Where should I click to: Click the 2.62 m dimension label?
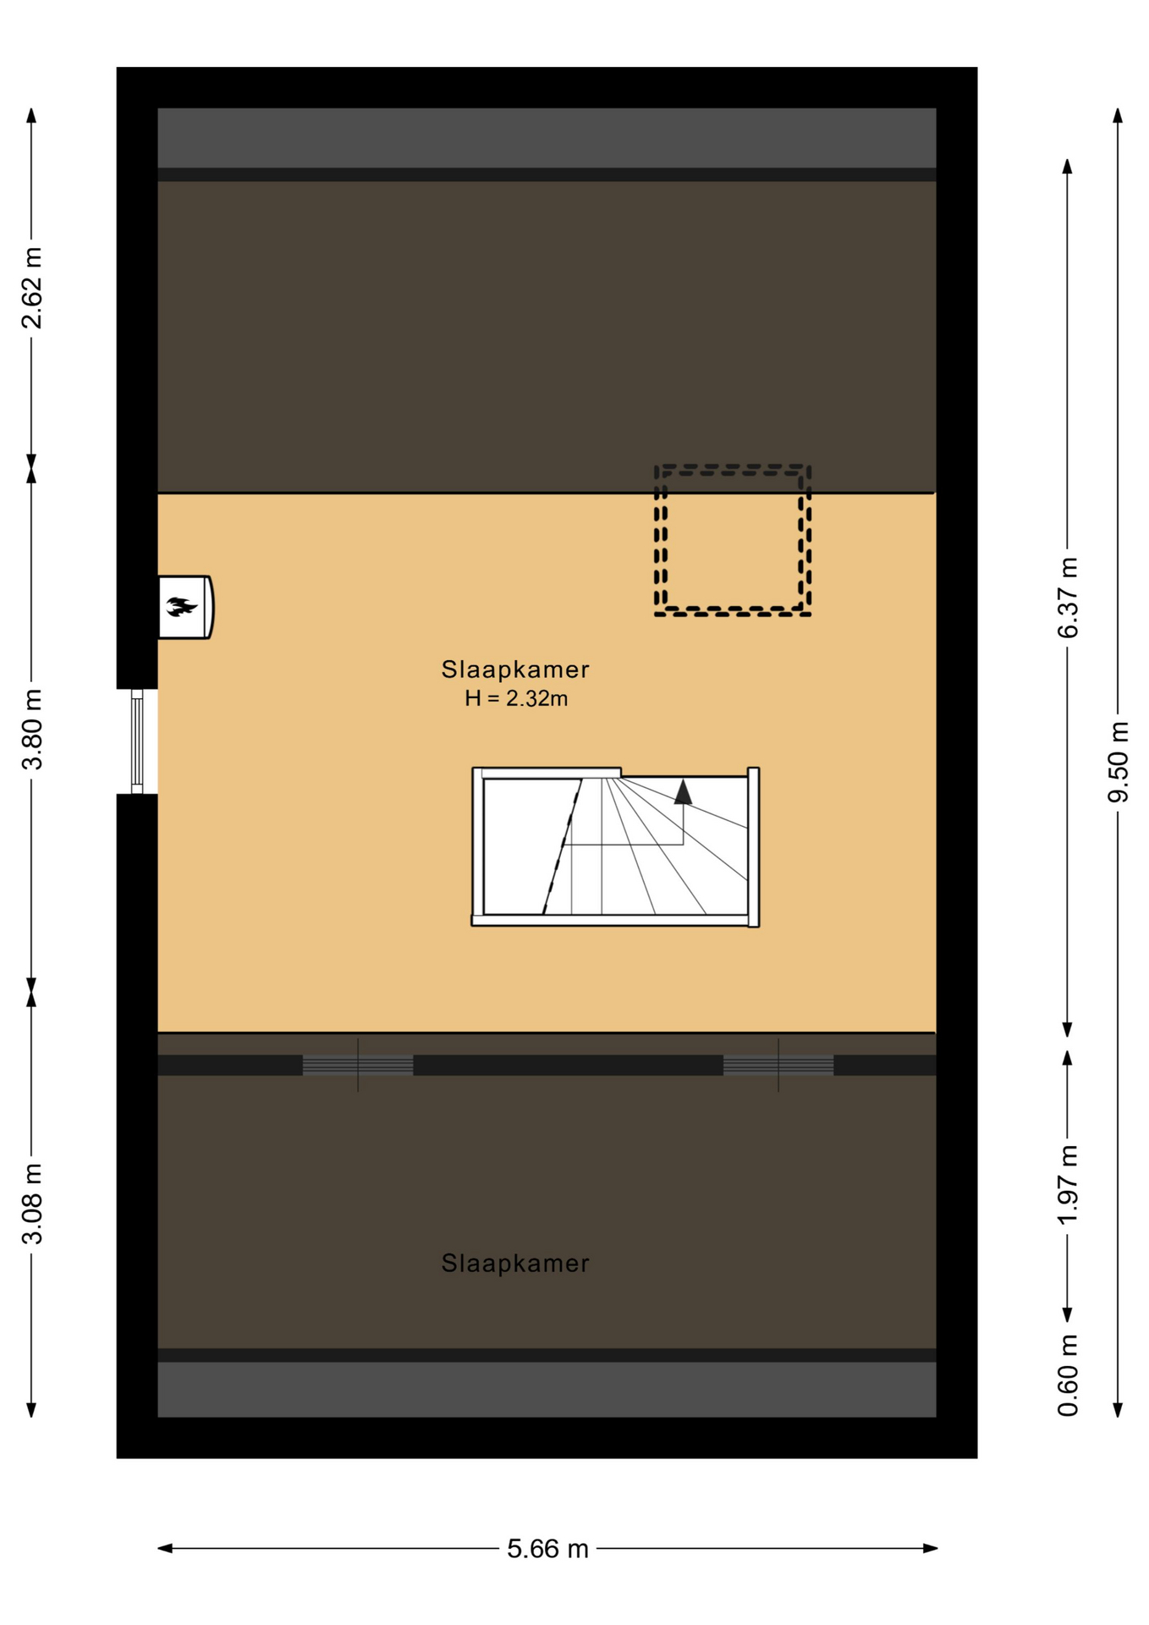tap(32, 288)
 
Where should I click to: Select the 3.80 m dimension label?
tap(32, 730)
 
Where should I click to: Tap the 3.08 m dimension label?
tap(32, 1204)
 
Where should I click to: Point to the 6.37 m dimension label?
tap(1069, 598)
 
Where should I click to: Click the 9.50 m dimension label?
tap(1119, 762)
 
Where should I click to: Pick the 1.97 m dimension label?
tap(1069, 1184)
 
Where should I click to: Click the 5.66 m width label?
tap(547, 1549)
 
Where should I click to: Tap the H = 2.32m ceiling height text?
tap(516, 698)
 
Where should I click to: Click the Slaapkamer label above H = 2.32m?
tap(515, 669)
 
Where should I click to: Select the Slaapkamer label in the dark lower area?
tap(515, 1264)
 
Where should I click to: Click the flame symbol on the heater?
tap(181, 606)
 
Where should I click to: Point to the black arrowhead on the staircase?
tap(683, 792)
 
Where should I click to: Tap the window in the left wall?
tap(137, 741)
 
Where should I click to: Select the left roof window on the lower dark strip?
tap(358, 1065)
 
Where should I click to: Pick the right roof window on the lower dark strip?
tap(778, 1065)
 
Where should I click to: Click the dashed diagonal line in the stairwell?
tap(563, 846)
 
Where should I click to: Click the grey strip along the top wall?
tap(547, 137)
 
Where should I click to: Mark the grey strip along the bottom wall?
tap(547, 1389)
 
